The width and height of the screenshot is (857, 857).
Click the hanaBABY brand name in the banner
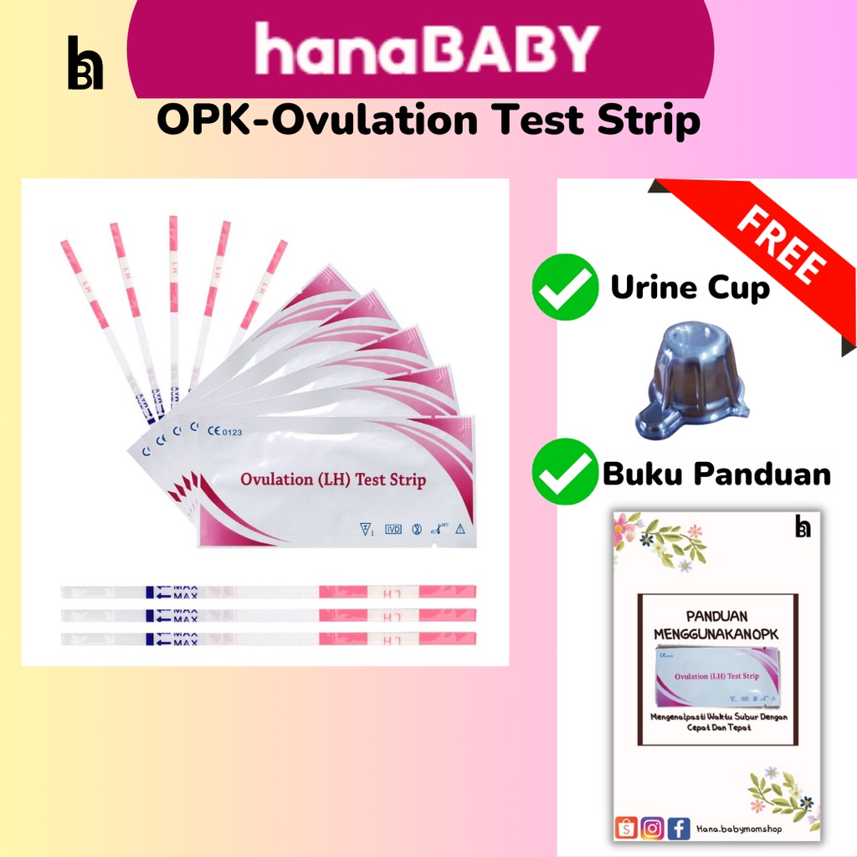click(x=427, y=49)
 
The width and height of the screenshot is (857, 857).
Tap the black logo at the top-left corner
click(x=85, y=63)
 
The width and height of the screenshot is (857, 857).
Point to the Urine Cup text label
click(x=690, y=288)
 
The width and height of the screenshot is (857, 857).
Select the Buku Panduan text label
click(x=716, y=475)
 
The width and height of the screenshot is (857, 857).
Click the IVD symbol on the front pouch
click(x=393, y=529)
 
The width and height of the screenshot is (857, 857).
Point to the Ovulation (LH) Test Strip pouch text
click(x=333, y=480)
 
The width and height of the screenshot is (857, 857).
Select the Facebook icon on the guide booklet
click(x=679, y=829)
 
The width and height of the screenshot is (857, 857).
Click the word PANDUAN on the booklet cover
click(x=716, y=614)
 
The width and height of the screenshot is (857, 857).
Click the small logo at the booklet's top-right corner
click(x=803, y=526)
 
